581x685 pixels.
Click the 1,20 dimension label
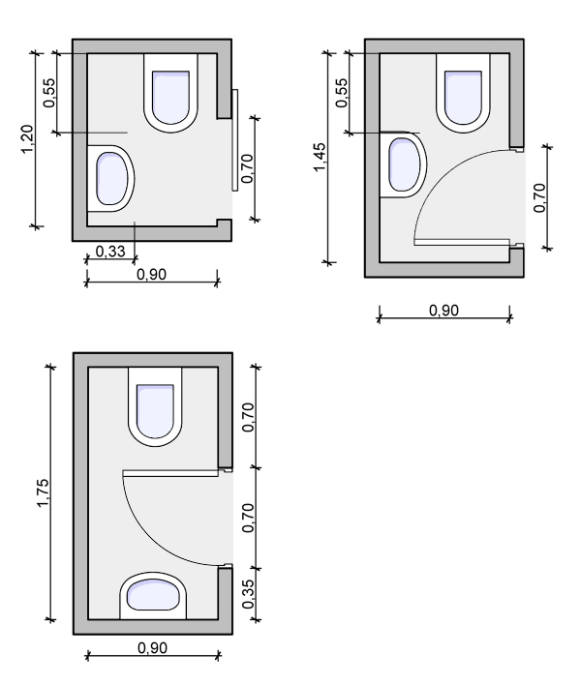(x=27, y=139)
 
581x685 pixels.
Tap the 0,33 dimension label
(x=110, y=252)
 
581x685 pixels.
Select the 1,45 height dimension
(x=320, y=158)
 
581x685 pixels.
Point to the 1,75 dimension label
(x=44, y=492)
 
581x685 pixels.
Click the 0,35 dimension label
(x=248, y=594)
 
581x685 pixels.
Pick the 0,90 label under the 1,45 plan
(x=443, y=311)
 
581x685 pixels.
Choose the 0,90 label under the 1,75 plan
(x=152, y=648)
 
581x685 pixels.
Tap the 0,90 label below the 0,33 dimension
(x=152, y=275)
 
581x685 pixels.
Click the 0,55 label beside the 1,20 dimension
(x=49, y=93)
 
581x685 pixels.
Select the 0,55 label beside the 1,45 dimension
(x=342, y=93)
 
